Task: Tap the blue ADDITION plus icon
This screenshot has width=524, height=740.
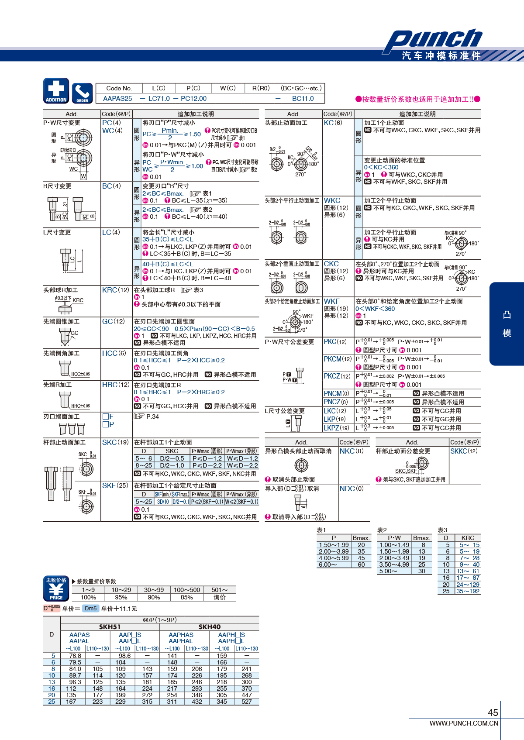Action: pyautogui.click(x=56, y=91)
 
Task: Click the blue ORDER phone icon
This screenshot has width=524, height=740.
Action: pyautogui.click(x=82, y=93)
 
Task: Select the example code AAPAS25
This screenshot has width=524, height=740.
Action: pyautogui.click(x=117, y=99)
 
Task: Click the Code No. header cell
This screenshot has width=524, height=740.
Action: pyautogui.click(x=119, y=88)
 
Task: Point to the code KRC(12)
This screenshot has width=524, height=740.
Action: pyautogui.click(x=115, y=290)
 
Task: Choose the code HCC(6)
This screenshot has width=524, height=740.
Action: pyautogui.click(x=114, y=353)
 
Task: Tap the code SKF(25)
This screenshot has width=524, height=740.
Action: pyautogui.click(x=115, y=485)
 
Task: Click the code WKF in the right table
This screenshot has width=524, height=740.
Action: pyautogui.click(x=331, y=301)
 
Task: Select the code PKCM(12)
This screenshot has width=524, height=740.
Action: pyautogui.click(x=337, y=359)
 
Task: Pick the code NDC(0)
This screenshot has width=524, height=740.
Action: pyautogui.click(x=352, y=489)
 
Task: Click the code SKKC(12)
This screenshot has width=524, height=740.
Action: pyautogui.click(x=464, y=451)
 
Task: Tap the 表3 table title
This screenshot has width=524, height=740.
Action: pyautogui.click(x=442, y=530)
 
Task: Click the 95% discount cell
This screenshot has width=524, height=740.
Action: pyautogui.click(x=121, y=597)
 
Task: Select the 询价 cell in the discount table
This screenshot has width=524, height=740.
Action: pyautogui.click(x=220, y=597)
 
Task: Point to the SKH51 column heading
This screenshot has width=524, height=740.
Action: pyautogui.click(x=110, y=627)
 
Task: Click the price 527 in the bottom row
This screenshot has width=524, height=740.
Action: pyautogui.click(x=247, y=702)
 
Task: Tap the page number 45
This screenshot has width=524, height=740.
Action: pyautogui.click(x=493, y=712)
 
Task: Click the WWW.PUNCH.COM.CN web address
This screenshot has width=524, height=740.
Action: pyautogui.click(x=464, y=723)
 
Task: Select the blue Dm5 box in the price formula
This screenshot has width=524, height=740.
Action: pyautogui.click(x=90, y=609)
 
